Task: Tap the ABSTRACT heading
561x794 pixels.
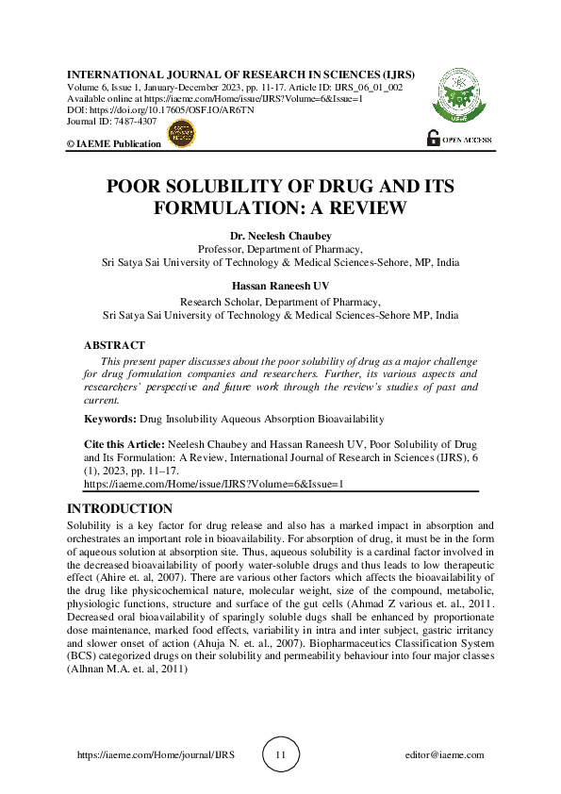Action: click(x=114, y=346)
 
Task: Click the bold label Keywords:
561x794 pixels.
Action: click(x=109, y=418)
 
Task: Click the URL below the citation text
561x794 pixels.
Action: click(x=214, y=482)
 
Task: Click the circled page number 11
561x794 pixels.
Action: click(x=280, y=755)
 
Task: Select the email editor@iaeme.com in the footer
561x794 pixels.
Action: click(x=443, y=755)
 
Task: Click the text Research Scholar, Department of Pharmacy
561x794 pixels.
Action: click(x=280, y=302)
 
